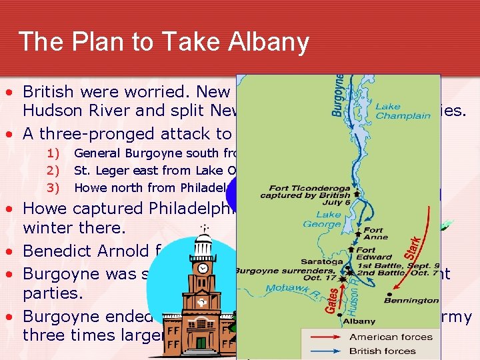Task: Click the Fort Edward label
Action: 374,253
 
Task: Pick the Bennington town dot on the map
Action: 388,293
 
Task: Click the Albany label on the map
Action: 359,321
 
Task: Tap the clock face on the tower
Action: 203,269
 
